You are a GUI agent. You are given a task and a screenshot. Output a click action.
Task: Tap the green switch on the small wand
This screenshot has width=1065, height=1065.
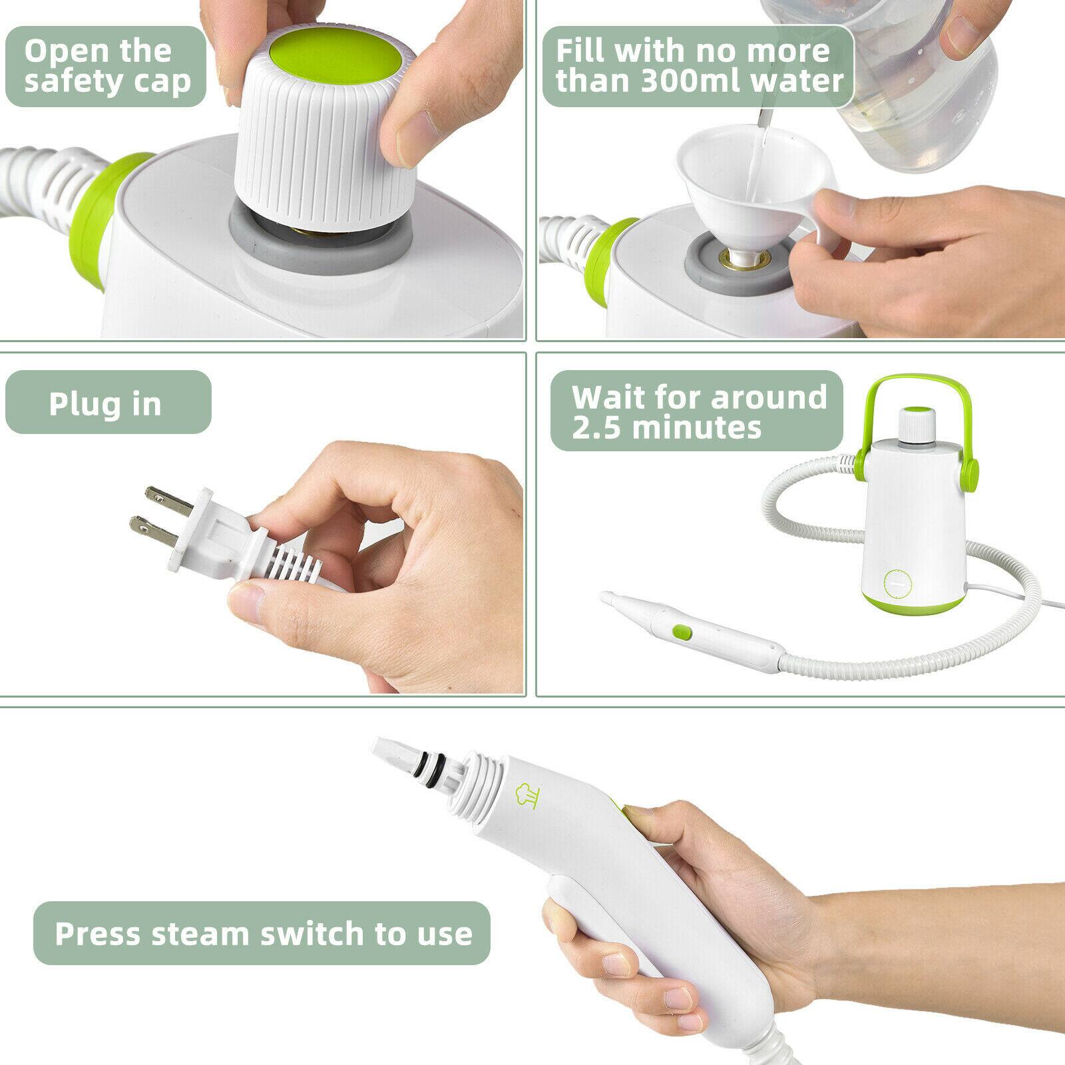[682, 630]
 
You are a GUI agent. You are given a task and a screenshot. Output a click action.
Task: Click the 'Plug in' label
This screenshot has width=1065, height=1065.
[105, 403]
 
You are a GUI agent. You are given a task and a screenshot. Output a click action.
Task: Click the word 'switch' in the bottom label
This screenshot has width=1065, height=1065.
[312, 933]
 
